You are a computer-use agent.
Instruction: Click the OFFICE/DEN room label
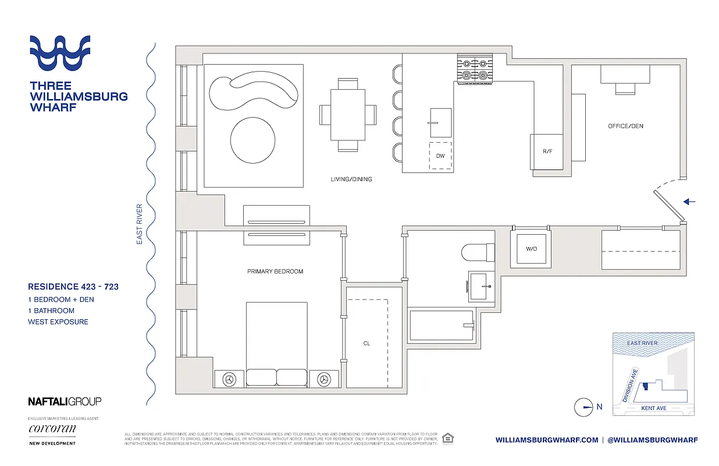click(625, 126)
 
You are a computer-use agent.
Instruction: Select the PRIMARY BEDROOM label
click(275, 271)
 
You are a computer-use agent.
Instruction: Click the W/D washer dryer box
click(531, 249)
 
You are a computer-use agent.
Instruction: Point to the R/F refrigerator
click(547, 151)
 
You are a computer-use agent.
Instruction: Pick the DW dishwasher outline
click(440, 156)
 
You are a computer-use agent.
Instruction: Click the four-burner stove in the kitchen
click(475, 69)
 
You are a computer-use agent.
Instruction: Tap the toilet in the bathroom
click(477, 252)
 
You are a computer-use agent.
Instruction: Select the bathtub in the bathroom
click(442, 326)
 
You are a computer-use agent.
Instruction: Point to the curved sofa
click(253, 93)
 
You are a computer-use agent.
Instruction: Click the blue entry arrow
click(689, 202)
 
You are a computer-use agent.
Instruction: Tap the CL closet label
click(366, 344)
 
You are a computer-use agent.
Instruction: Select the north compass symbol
click(583, 407)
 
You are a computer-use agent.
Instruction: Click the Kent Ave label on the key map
click(653, 408)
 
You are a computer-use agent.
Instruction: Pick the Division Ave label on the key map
click(629, 384)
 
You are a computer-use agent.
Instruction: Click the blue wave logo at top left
click(60, 52)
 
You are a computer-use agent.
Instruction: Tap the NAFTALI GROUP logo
click(65, 401)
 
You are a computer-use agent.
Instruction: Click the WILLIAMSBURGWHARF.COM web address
click(546, 440)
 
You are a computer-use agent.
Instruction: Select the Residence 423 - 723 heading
click(73, 287)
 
